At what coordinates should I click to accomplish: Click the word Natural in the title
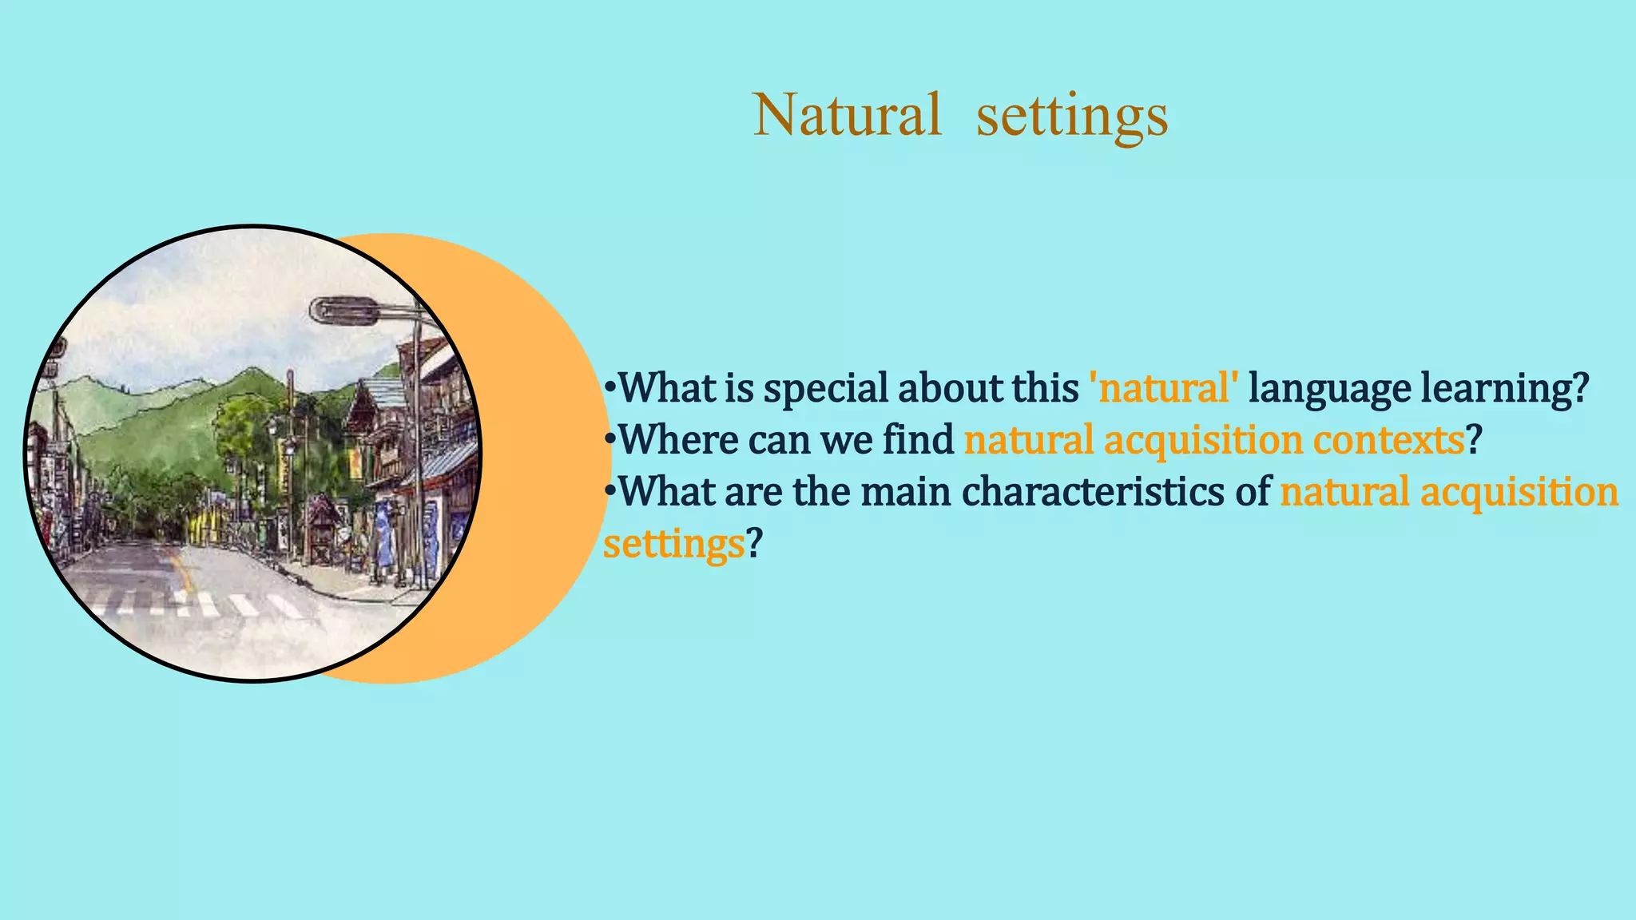point(847,115)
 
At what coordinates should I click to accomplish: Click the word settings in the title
point(1072,117)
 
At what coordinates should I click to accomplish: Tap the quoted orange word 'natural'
point(1165,389)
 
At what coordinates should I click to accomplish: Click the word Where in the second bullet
point(678,440)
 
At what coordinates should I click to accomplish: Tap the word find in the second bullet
point(918,440)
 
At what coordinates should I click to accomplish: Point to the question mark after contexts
point(1475,440)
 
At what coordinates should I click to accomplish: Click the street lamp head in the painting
point(344,310)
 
